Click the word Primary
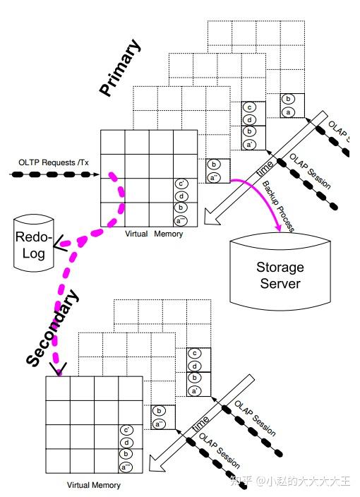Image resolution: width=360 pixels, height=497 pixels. (121, 68)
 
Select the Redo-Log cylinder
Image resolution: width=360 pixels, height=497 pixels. (32, 243)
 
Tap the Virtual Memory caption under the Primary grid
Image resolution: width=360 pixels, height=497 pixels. (154, 234)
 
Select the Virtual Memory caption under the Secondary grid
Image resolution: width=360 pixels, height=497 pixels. (93, 485)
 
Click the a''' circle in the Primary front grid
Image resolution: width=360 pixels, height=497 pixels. (181, 220)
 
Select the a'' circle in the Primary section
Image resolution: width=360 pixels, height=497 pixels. (214, 176)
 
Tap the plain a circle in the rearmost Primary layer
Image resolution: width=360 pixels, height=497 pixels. (288, 112)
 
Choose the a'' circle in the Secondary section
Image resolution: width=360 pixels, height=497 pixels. (160, 424)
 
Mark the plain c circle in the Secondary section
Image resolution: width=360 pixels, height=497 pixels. (193, 354)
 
